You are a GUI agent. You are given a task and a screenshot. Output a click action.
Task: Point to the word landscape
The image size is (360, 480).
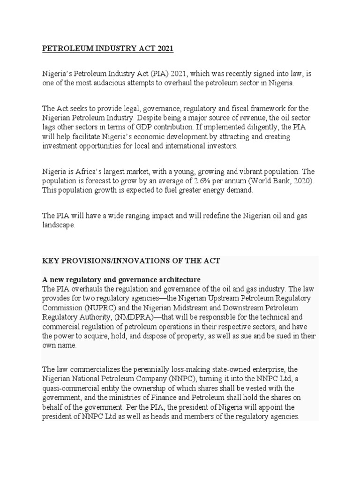coord(59,225)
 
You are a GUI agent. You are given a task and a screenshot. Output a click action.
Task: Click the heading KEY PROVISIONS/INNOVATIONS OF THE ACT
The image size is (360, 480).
coord(131,261)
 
